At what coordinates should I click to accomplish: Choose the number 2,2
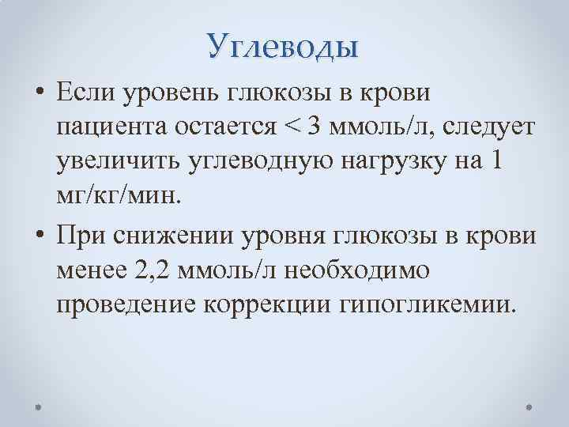click(151, 270)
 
